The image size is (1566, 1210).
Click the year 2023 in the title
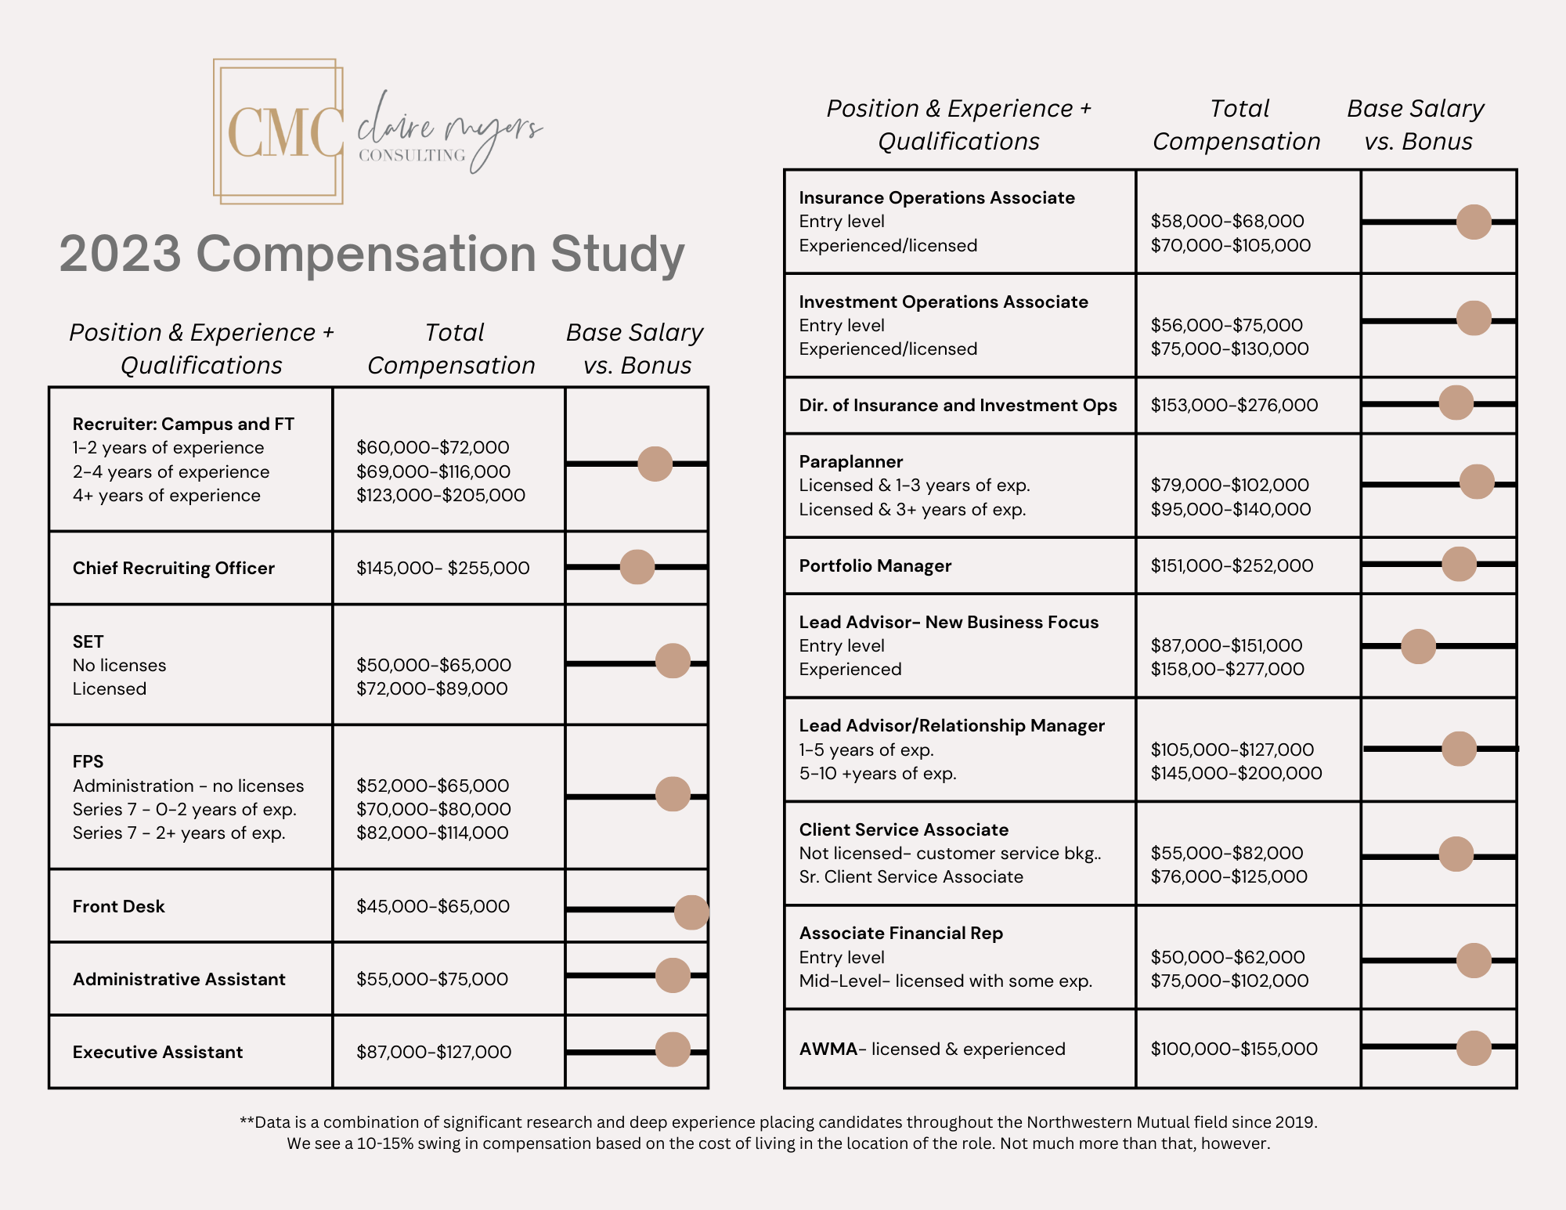[120, 254]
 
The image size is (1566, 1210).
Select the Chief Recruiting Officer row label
[174, 568]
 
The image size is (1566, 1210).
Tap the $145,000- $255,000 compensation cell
[443, 568]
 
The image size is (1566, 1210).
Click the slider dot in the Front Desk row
[691, 912]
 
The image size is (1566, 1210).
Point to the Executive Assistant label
[158, 1052]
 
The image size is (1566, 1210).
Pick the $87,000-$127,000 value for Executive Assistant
[434, 1052]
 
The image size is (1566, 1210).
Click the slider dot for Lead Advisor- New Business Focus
[1418, 647]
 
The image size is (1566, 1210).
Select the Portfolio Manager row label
[875, 565]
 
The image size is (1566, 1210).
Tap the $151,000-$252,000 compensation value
[1232, 565]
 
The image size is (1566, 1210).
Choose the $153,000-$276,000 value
[1234, 405]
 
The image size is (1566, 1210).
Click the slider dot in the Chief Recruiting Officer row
[637, 567]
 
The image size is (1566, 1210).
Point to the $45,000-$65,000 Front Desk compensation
[433, 906]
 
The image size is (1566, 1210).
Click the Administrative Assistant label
[179, 979]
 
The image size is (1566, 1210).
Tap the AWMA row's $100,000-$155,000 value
[1234, 1049]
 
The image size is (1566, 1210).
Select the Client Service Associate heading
[904, 829]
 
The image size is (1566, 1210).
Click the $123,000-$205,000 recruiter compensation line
[441, 495]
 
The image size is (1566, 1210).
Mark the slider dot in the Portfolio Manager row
[1459, 564]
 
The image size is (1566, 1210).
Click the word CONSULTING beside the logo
[412, 155]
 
